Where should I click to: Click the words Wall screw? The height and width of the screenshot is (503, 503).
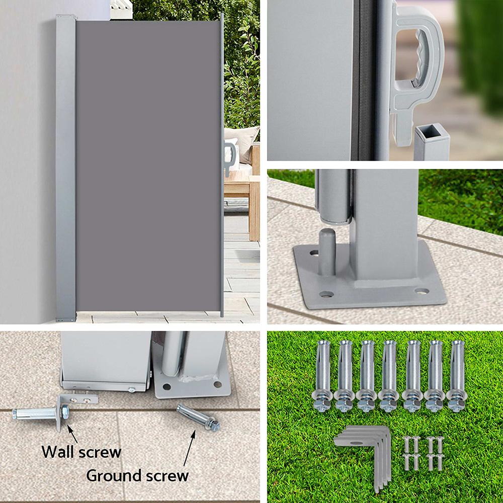pos(81,451)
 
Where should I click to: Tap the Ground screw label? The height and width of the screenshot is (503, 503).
pos(137,474)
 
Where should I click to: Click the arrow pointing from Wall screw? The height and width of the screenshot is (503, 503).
pos(73,433)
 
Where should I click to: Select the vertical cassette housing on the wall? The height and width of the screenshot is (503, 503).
pos(65,166)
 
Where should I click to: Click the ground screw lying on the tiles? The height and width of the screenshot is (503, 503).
pos(198,417)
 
